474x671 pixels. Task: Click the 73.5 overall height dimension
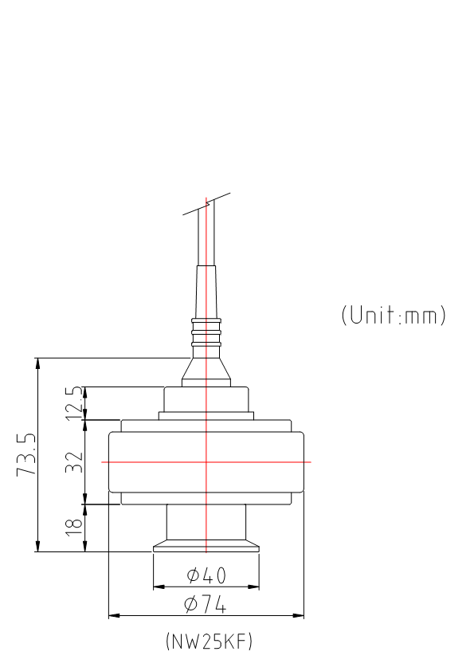(x=26, y=454)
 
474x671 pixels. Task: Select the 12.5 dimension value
(x=74, y=402)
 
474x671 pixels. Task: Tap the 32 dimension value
(x=74, y=461)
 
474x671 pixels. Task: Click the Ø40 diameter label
(x=206, y=575)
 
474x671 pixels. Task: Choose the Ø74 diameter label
(x=205, y=604)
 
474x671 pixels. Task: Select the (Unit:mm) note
(x=394, y=315)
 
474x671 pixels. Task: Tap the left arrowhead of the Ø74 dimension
(x=113, y=615)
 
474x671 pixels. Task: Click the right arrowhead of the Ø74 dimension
(x=300, y=615)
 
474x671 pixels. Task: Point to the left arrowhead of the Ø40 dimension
(x=158, y=587)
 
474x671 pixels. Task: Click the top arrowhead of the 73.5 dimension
(x=37, y=363)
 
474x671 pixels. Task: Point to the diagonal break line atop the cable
(x=206, y=203)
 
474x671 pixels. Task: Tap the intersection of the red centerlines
(x=206, y=461)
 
